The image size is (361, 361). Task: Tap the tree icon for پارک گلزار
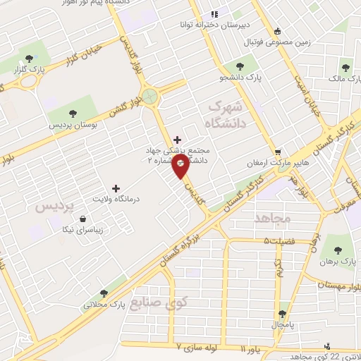(28, 59)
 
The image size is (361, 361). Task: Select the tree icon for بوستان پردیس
(73, 113)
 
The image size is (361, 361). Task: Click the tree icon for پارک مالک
(345, 68)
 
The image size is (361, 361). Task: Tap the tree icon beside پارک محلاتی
(104, 293)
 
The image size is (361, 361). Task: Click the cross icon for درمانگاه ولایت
(116, 188)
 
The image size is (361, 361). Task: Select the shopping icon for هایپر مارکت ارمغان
(279, 152)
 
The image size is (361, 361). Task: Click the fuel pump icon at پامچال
(282, 313)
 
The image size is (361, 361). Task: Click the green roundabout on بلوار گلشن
(150, 94)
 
